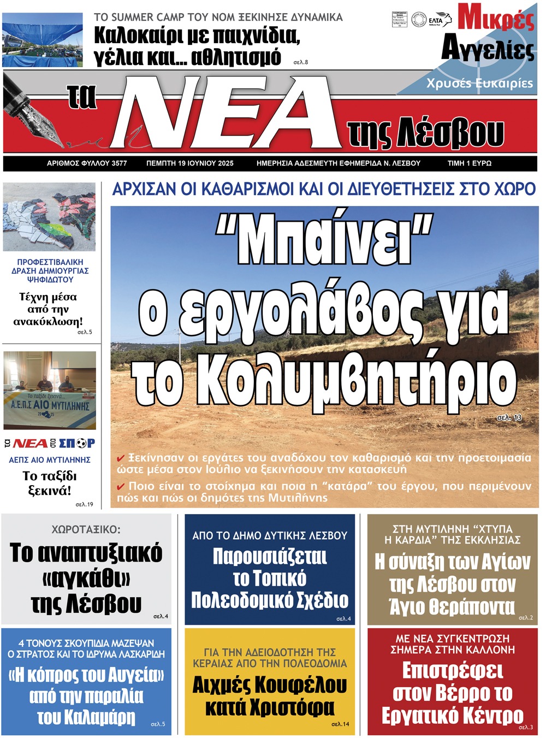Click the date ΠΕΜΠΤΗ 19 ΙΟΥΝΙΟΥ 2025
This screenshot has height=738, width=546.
(190, 163)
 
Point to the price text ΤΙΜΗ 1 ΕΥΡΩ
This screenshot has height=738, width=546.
(469, 163)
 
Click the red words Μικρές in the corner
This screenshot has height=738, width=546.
(495, 18)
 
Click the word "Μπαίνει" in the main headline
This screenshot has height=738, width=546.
(324, 241)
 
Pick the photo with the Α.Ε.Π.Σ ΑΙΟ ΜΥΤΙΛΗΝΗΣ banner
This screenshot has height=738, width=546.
(50, 390)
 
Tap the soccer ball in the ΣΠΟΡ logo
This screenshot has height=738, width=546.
(81, 443)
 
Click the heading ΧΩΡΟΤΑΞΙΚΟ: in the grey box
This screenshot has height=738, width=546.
(86, 529)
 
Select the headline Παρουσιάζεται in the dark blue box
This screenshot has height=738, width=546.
(270, 557)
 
